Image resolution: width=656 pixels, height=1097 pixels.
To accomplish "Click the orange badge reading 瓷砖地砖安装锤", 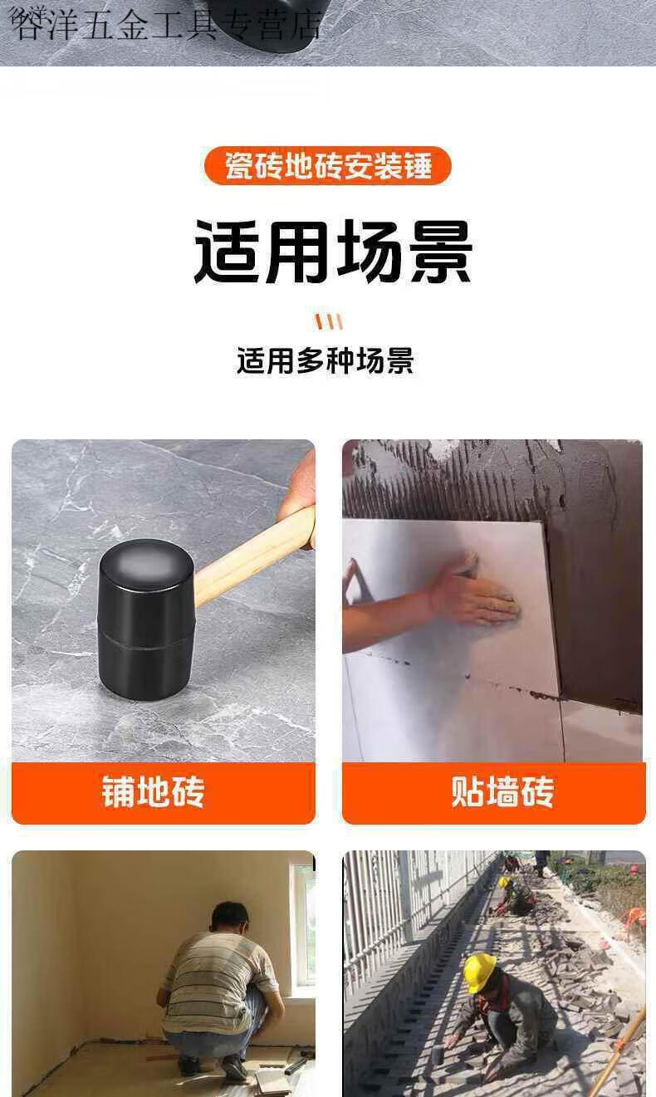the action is (327, 165).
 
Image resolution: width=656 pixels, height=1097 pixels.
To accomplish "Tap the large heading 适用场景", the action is (333, 252).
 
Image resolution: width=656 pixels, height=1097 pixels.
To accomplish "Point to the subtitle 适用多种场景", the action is (326, 360).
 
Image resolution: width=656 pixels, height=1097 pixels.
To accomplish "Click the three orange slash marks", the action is (329, 321).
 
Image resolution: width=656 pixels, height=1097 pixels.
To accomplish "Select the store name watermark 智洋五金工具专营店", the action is (165, 24).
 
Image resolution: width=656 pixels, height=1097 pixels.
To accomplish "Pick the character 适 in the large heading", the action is (226, 252).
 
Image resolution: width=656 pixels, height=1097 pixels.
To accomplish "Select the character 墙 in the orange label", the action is (502, 791).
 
